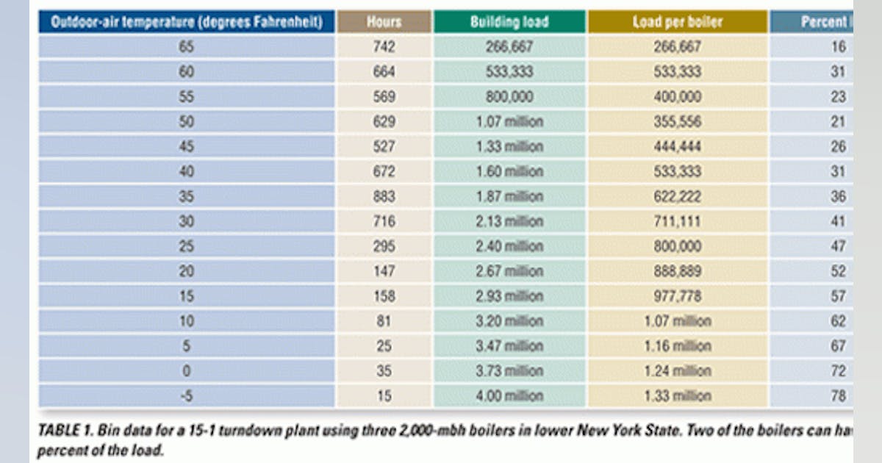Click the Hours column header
384,22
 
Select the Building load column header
509,22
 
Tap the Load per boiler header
677,22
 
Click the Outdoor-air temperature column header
187,22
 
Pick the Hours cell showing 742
384,47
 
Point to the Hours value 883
384,197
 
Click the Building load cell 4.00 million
509,396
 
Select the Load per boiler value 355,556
677,122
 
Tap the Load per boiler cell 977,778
677,297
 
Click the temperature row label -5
187,396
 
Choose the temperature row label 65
187,47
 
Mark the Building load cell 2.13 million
509,222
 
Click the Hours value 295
384,246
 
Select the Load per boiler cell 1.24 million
677,371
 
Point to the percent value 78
839,396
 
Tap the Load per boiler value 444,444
677,147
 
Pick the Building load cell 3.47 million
509,346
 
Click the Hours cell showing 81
384,321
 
